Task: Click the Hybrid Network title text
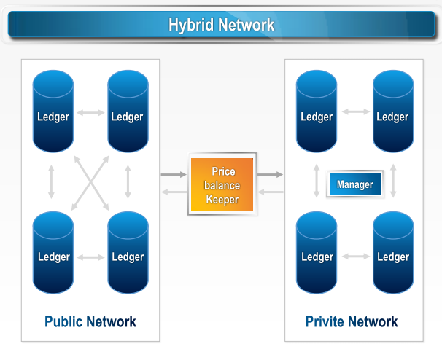tap(221, 25)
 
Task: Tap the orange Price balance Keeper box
tap(222, 185)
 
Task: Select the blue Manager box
tap(354, 184)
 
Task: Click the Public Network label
tap(90, 321)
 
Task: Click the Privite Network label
tap(352, 321)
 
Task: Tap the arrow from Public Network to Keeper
tap(174, 175)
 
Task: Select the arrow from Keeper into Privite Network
tap(270, 175)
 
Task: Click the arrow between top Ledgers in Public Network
tap(90, 112)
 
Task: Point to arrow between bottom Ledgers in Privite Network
tap(355, 256)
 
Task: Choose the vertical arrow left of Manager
tap(316, 181)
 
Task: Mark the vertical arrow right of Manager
tap(393, 181)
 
